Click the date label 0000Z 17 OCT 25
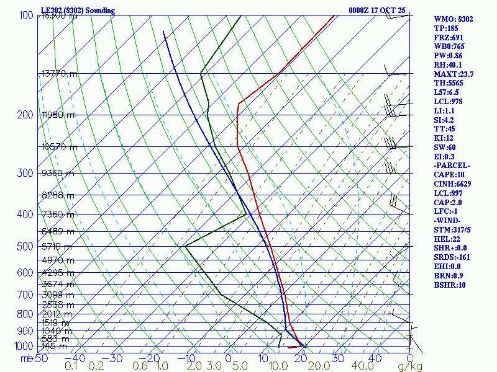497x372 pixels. pos(377,11)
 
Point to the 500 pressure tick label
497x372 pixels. pos(25,247)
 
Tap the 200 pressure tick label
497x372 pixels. pos(25,115)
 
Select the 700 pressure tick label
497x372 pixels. pos(25,294)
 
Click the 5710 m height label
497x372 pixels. pos(58,246)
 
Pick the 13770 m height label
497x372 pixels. pos(60,73)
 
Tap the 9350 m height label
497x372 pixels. pos(58,173)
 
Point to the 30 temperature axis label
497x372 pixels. pos(339,358)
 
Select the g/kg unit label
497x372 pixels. pos(411,366)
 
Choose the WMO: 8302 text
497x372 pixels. pos(454,19)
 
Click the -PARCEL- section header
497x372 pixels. pos(452,166)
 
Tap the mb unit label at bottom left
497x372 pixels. pos(26,358)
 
